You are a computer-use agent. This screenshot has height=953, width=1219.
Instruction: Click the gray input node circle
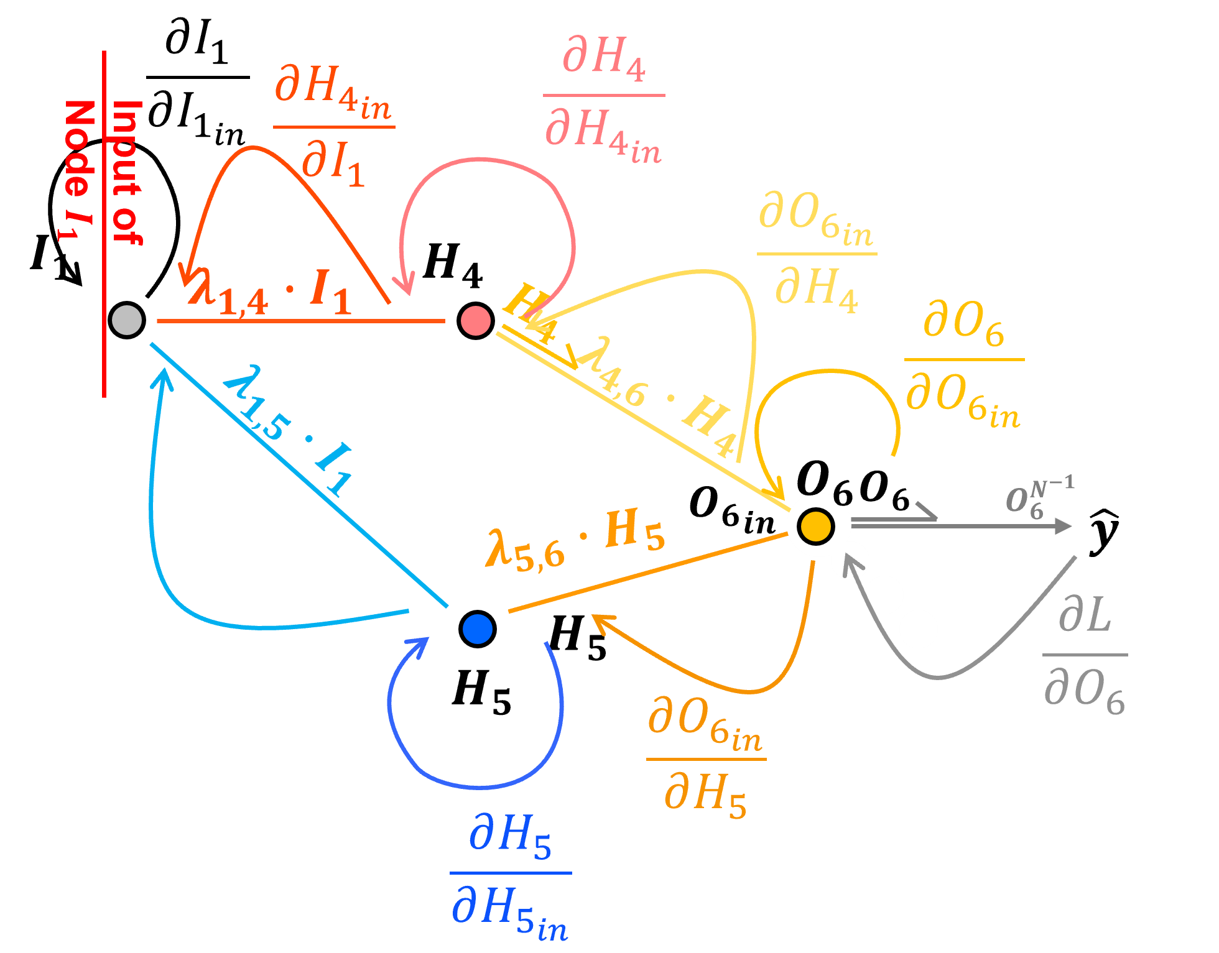[x=127, y=320]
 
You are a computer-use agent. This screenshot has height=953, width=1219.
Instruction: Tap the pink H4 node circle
[x=476, y=320]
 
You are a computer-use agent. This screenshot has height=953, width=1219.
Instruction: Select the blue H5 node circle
[x=478, y=628]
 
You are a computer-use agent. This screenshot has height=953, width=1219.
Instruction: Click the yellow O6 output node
[x=815, y=525]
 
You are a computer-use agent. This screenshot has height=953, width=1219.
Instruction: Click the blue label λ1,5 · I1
[x=287, y=429]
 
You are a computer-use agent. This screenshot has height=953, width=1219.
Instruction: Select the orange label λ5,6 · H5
[x=575, y=540]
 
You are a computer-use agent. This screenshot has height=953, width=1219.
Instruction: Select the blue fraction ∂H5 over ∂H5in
[x=510, y=873]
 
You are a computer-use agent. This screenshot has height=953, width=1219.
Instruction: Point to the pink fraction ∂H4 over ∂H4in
[x=603, y=96]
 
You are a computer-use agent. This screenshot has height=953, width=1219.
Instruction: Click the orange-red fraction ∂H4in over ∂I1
[x=333, y=127]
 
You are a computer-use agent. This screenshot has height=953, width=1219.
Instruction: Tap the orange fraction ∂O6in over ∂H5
[x=706, y=758]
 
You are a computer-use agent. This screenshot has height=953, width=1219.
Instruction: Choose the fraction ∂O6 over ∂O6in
[x=963, y=361]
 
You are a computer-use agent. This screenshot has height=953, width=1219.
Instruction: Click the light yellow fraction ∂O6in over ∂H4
[x=817, y=254]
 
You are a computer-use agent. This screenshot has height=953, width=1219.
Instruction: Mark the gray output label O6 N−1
[x=1039, y=497]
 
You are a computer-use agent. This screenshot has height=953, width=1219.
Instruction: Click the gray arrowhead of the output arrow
[x=1064, y=527]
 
